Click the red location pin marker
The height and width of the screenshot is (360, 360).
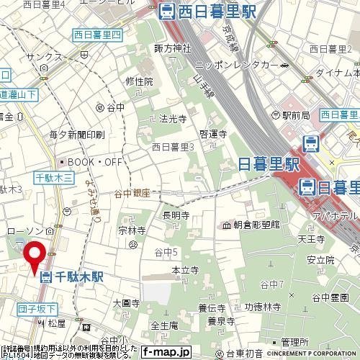point(34,257)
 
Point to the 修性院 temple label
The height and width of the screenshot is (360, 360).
point(140,81)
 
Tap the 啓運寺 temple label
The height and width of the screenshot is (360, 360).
point(213,133)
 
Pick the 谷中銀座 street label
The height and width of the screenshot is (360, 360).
point(131,193)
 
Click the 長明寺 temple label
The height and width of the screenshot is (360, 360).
point(176,215)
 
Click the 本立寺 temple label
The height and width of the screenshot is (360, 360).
point(184,269)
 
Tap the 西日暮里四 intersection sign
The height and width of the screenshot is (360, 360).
point(98,34)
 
